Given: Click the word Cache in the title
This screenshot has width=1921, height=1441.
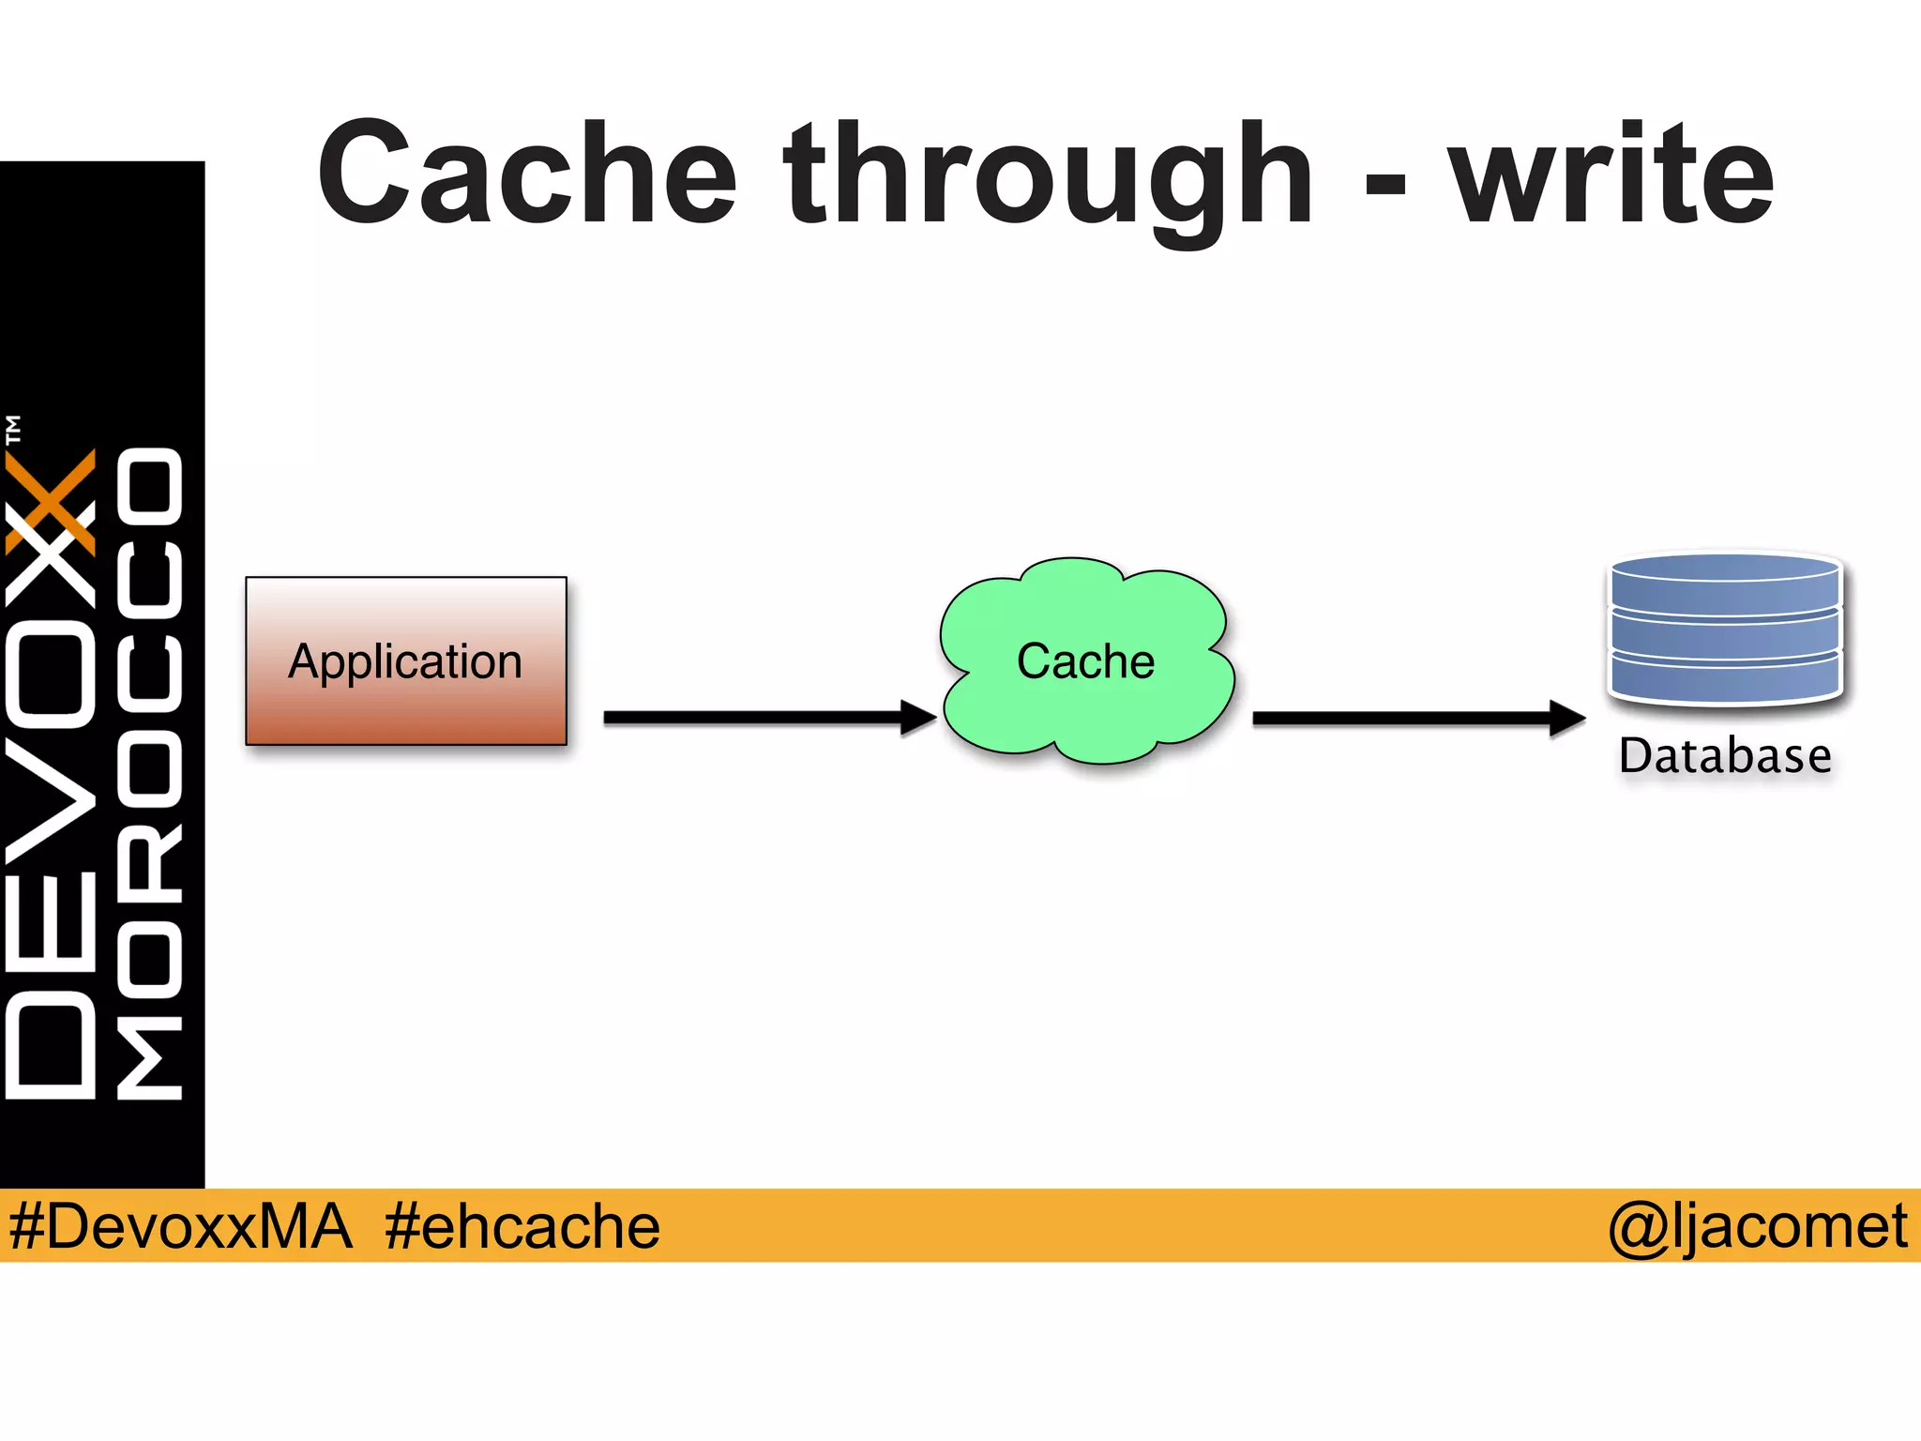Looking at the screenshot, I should point(527,175).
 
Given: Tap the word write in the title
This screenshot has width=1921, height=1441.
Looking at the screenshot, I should point(1611,175).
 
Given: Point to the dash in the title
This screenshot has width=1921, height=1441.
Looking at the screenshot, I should point(1384,184).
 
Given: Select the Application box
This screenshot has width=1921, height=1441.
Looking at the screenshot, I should point(406,660).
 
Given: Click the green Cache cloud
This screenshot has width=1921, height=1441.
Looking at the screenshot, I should point(1086,660).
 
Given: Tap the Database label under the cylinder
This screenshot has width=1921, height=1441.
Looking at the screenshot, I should point(1725,756).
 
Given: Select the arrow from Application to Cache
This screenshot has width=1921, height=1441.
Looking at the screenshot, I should point(750,718).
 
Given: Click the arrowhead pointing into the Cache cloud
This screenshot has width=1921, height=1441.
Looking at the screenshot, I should point(918,718).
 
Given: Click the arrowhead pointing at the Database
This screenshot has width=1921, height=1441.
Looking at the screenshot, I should point(1566,719).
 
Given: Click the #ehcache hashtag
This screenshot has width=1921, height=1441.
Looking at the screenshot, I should point(522,1225).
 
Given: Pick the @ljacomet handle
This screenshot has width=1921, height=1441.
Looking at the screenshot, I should point(1757,1225).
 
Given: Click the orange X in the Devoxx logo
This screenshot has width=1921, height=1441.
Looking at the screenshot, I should point(52,502).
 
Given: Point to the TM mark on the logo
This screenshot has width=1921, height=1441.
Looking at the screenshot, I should point(13,429).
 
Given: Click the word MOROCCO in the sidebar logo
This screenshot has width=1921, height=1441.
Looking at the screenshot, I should point(150,774).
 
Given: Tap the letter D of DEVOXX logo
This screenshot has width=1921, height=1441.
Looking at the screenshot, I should point(52,1046).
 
